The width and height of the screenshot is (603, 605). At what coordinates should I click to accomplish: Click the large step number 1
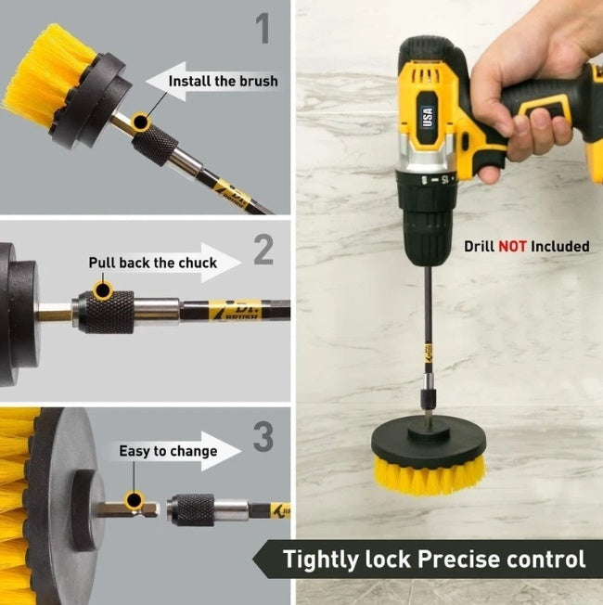click(263, 28)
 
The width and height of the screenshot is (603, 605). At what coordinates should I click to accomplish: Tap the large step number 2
click(263, 250)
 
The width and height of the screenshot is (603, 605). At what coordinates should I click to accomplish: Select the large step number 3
click(263, 437)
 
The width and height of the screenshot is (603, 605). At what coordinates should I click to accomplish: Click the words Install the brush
click(224, 81)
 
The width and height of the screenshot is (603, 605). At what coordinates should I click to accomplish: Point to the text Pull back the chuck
click(153, 263)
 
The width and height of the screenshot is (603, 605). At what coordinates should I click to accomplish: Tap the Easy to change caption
click(168, 451)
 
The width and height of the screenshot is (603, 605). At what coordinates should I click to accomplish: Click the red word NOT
click(512, 246)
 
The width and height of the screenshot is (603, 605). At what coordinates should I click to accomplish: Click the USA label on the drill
click(428, 117)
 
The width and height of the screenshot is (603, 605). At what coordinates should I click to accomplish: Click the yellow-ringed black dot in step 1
click(141, 122)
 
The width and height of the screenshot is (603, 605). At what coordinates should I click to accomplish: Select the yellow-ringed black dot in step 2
click(103, 290)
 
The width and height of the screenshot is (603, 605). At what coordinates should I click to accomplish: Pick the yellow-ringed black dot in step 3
click(135, 500)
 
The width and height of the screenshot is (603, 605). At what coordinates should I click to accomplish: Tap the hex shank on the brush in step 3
click(127, 510)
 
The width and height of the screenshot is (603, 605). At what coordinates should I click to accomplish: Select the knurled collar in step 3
click(190, 510)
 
